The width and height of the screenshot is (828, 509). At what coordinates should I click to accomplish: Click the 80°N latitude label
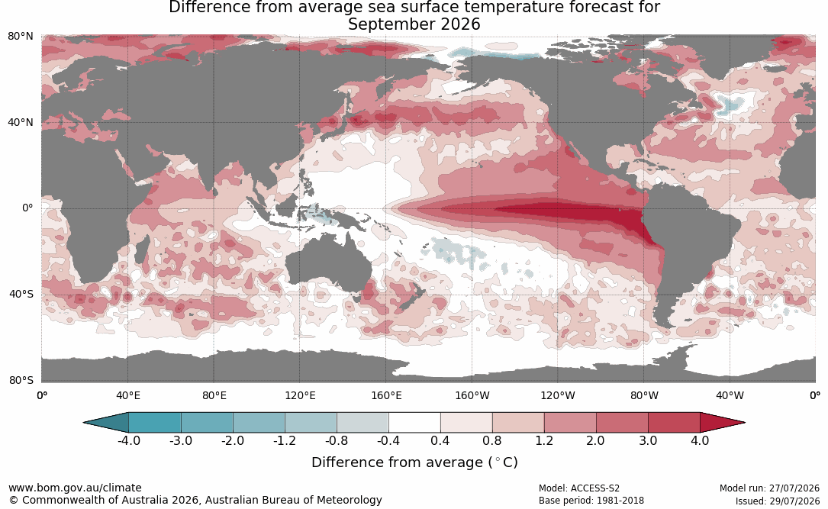tap(21, 37)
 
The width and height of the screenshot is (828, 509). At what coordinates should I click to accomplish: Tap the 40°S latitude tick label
tap(21, 294)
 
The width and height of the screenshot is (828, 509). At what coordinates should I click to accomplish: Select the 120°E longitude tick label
tap(300, 395)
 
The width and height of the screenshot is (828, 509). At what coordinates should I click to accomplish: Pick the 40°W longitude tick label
tap(730, 395)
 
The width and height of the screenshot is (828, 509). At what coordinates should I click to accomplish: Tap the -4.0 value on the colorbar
tap(128, 440)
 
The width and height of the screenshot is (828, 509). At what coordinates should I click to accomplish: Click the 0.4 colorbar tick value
tap(440, 440)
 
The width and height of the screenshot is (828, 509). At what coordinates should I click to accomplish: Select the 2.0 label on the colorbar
tap(596, 440)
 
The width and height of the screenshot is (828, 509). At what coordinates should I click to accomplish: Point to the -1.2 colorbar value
tap(285, 440)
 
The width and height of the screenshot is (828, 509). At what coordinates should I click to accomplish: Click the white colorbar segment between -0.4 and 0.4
tap(414, 423)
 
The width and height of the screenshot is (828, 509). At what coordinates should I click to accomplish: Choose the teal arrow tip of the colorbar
tap(85, 423)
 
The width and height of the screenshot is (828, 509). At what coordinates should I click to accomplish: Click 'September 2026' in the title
tap(414, 24)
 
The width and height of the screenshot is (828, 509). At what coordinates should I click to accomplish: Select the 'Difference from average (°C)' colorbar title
tap(414, 462)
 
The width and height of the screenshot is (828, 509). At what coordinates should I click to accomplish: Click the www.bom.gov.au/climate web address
tap(75, 488)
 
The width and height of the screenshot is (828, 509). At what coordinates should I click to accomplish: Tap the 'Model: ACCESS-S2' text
tap(579, 488)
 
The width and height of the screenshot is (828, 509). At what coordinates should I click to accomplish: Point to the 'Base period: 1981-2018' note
tap(591, 501)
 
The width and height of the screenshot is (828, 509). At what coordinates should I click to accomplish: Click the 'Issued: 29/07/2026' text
tap(778, 501)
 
